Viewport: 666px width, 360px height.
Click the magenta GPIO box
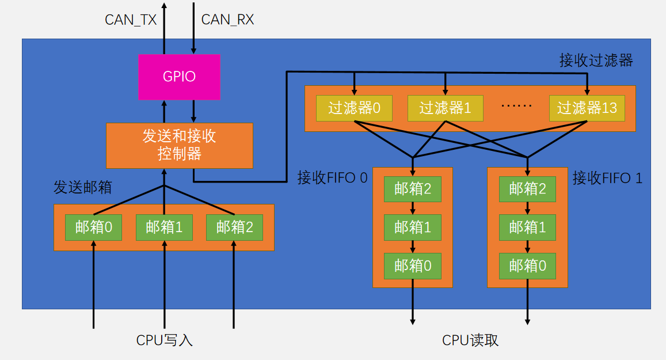coord(179,77)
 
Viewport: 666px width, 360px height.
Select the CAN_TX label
coord(131,20)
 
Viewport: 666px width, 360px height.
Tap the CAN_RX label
coord(227,20)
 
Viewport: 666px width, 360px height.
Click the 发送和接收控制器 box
coord(179,145)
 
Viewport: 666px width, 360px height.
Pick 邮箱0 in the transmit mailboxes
coord(93,228)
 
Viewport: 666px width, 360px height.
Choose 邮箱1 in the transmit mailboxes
coord(164,228)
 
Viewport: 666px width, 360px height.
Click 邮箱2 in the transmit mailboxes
coord(234,228)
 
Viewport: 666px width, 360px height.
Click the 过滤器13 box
coord(587,108)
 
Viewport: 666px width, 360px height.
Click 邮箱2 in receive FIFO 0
coord(413,189)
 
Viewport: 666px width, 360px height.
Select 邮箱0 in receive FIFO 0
coord(413,266)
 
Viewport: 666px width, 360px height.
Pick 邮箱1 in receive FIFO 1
coord(527,228)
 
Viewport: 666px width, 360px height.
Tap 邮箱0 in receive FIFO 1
coord(527,266)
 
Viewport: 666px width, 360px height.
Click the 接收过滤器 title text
coord(596,60)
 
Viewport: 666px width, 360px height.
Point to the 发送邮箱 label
coord(82,188)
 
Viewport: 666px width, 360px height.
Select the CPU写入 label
coord(164,340)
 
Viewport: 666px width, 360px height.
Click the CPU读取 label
coord(470,340)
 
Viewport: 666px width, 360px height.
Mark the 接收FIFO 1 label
coord(607,178)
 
